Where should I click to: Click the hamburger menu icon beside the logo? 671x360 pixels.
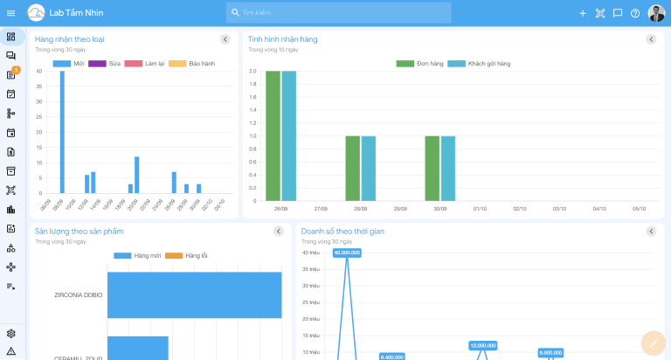coord(10,13)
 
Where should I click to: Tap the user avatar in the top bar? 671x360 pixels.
coord(656,13)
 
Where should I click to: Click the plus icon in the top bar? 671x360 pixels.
coord(583,13)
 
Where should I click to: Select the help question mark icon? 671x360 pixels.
coord(635,13)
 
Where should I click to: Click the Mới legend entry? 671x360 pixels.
coord(69,64)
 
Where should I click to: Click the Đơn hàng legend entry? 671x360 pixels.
coord(419,64)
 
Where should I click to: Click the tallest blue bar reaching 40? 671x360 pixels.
coord(62,131)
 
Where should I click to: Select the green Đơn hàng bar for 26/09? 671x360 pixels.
coord(273,135)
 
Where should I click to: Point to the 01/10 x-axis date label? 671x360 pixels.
coord(480,209)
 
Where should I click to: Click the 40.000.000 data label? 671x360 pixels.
coord(347,253)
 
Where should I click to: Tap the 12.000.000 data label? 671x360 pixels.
coord(483,345)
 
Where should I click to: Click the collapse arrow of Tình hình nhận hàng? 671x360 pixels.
coord(651,39)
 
